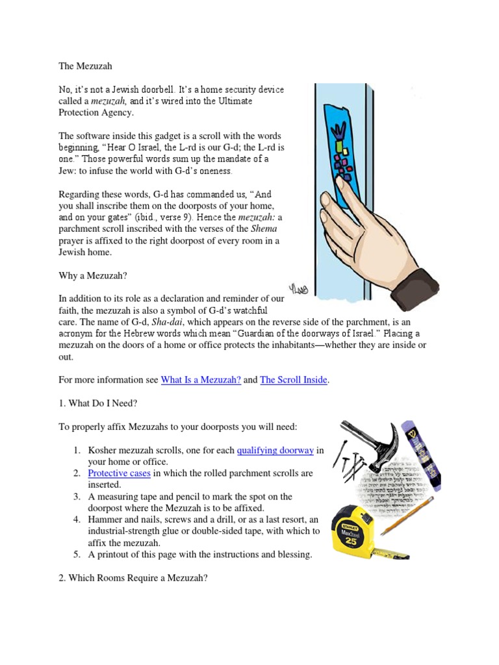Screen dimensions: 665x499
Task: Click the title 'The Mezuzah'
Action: tap(86, 66)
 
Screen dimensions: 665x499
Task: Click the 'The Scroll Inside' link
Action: tap(293, 380)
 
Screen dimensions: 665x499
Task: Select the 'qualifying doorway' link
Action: tap(275, 450)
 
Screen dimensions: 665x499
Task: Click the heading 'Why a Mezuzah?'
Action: tap(92, 275)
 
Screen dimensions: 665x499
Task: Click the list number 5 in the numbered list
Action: tap(76, 554)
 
